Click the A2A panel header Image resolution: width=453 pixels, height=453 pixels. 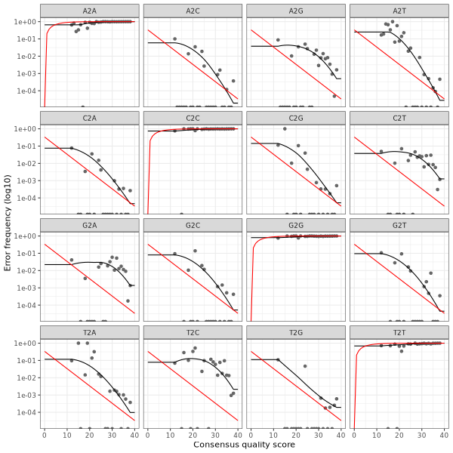pos(88,10)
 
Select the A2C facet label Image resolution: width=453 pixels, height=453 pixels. pos(193,10)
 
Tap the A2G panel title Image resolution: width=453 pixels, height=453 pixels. pos(296,10)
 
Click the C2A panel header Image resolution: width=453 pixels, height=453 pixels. pos(88,117)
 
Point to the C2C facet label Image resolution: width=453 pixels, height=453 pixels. pos(193,117)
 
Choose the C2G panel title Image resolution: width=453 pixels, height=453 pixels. pos(296,117)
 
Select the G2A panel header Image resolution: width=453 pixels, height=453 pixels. pos(88,224)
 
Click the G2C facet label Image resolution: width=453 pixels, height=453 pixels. pos(193,224)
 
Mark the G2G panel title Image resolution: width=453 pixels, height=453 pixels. pos(296,224)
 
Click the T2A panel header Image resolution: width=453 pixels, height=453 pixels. pos(88,331)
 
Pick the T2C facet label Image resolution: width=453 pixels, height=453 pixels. pos(193,331)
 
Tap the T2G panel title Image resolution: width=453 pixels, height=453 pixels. pos(296,331)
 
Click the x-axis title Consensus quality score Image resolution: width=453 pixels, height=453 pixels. pos(244,445)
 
